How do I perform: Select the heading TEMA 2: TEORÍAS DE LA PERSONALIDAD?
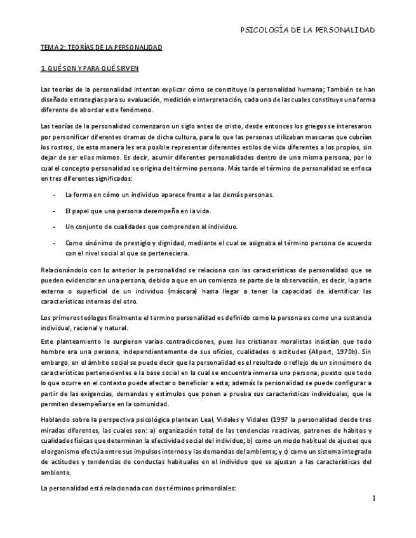pos(101,48)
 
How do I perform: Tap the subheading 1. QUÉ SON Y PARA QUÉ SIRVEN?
pos(90,67)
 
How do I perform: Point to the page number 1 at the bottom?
pos(374,499)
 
